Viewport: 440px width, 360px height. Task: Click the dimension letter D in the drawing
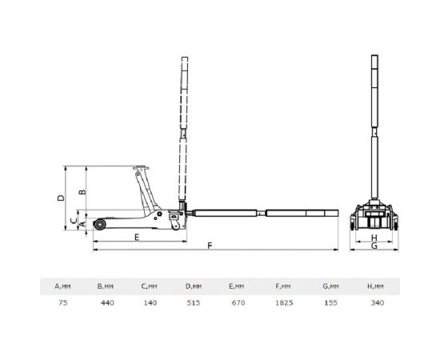pyautogui.click(x=61, y=198)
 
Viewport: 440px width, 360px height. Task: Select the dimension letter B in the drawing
pyautogui.click(x=82, y=192)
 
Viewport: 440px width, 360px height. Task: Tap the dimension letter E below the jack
pyautogui.click(x=137, y=238)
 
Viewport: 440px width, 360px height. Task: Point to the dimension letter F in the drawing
pyautogui.click(x=210, y=246)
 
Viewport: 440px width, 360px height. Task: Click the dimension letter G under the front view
pyautogui.click(x=374, y=246)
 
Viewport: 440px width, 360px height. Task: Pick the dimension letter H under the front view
pyautogui.click(x=374, y=238)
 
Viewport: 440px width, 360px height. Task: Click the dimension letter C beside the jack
pyautogui.click(x=74, y=221)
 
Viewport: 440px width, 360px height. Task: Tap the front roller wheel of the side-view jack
pyautogui.click(x=100, y=225)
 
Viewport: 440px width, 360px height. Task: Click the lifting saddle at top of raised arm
pyautogui.click(x=141, y=169)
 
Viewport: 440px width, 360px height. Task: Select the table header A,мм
pyautogui.click(x=62, y=286)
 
